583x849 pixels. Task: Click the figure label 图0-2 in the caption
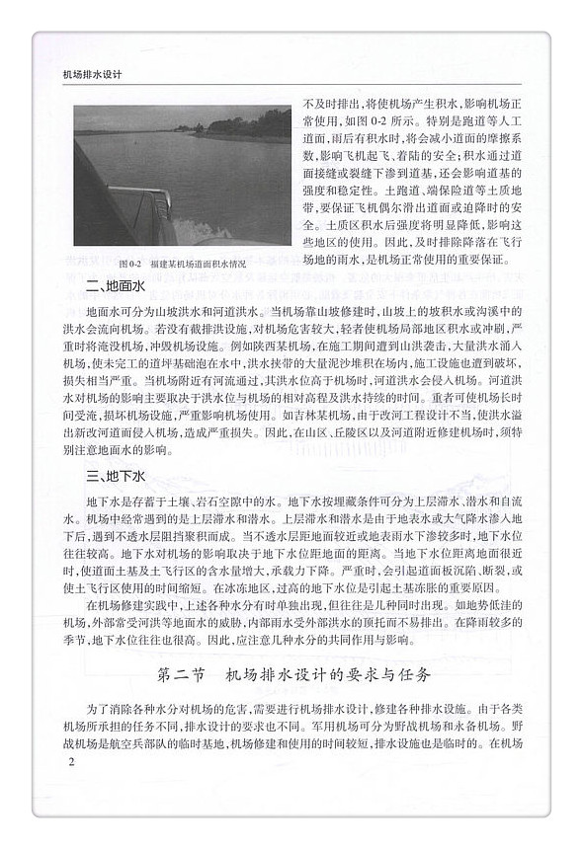130,267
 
